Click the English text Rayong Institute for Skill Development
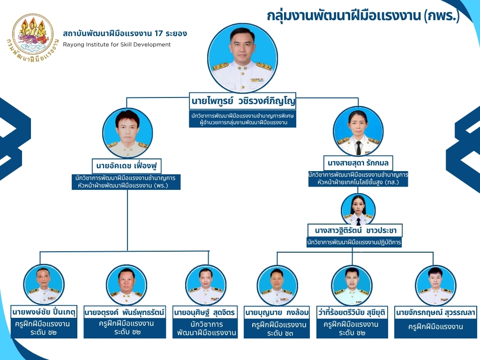click(117, 45)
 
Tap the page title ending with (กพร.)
click(363, 15)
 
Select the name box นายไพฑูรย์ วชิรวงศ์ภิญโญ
click(243, 101)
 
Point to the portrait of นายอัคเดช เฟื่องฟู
click(127, 133)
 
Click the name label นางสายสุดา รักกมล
click(358, 163)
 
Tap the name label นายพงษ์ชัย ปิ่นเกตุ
click(44, 312)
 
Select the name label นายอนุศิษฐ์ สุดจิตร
click(205, 313)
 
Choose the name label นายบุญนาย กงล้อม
click(277, 313)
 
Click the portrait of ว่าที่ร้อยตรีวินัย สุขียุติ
click(352, 285)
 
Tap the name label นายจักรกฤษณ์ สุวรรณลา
click(435, 313)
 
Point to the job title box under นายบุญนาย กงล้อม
click(277, 329)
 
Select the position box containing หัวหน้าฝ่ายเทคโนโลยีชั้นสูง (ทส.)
click(358, 179)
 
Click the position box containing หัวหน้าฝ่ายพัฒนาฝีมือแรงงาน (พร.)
click(126, 181)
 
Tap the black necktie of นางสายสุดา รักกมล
click(359, 148)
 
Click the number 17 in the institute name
click(158, 33)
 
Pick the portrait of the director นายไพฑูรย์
click(242, 58)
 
